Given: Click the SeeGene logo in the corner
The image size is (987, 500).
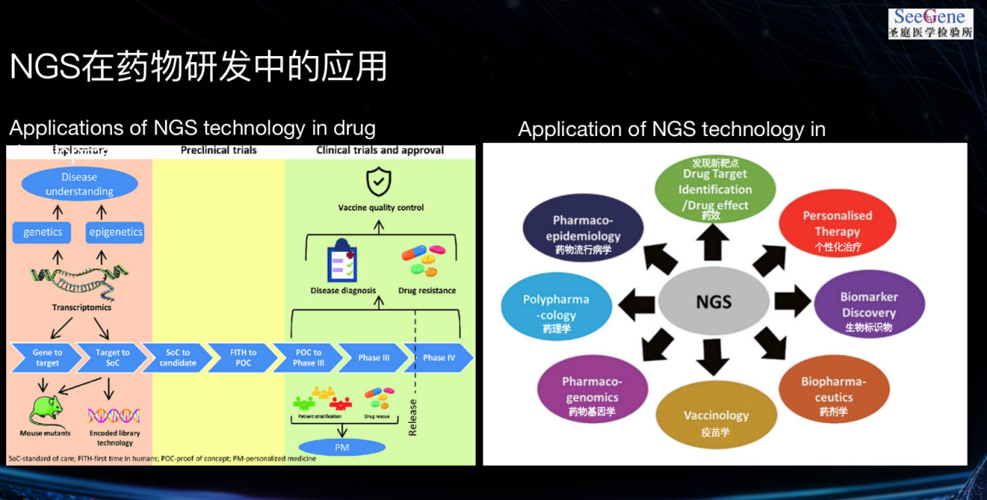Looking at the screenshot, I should [x=931, y=23].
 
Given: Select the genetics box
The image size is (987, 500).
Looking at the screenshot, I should [x=42, y=232].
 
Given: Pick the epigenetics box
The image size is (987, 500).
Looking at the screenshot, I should [x=115, y=232].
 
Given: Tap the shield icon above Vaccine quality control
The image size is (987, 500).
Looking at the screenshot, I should [x=379, y=182].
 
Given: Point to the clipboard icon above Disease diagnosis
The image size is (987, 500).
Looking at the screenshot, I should [x=342, y=263].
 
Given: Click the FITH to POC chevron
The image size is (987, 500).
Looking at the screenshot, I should [x=243, y=358].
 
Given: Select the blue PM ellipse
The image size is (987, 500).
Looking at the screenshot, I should [x=342, y=447].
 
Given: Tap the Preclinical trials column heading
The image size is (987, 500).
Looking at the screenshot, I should [x=219, y=150].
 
